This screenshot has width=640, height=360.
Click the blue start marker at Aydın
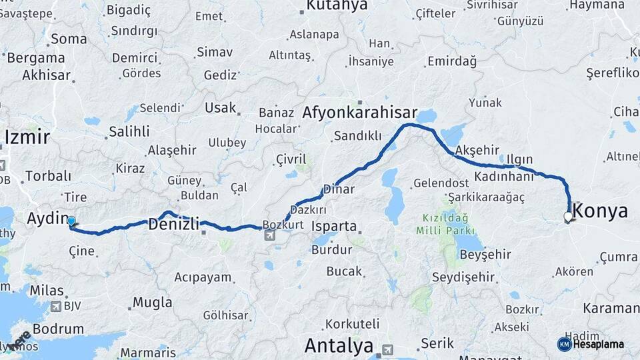pyautogui.click(x=71, y=221)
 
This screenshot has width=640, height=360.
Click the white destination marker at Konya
pyautogui.click(x=567, y=217)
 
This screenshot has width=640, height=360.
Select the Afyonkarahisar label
pyautogui.click(x=360, y=113)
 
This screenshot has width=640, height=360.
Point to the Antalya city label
pyautogui.click(x=339, y=345)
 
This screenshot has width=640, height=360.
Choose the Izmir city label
pyautogui.click(x=27, y=137)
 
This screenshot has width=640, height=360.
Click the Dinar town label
pyautogui.click(x=338, y=189)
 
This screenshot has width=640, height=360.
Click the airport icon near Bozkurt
pyautogui.click(x=270, y=235)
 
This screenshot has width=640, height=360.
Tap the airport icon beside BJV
pyautogui.click(x=56, y=307)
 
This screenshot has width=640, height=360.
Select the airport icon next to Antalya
pyautogui.click(x=387, y=349)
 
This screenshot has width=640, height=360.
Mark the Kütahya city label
pyautogui.click(x=336, y=6)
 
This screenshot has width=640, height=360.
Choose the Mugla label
pyautogui.click(x=152, y=302)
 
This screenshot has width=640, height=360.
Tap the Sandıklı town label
pyautogui.click(x=357, y=135)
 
